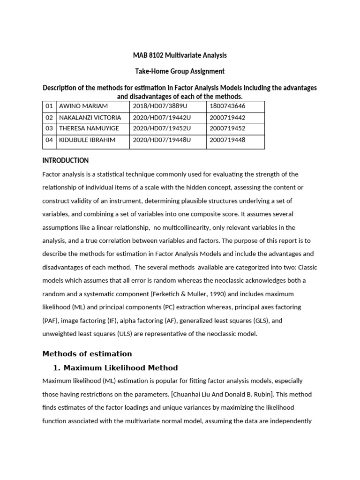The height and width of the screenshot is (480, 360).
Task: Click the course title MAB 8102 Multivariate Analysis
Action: (x=180, y=55)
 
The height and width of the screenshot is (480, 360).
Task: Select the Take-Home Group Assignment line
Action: (x=180, y=71)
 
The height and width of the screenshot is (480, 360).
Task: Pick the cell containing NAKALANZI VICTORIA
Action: (x=90, y=118)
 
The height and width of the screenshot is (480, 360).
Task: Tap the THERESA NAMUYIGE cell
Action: (x=89, y=129)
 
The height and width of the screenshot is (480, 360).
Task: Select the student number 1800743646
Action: (x=227, y=106)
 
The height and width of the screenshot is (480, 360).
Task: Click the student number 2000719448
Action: (x=227, y=140)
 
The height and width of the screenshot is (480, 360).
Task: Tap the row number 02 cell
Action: (x=49, y=118)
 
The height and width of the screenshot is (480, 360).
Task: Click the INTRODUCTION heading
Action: (x=65, y=160)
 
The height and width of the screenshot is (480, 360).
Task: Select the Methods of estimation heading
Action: (x=87, y=353)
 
